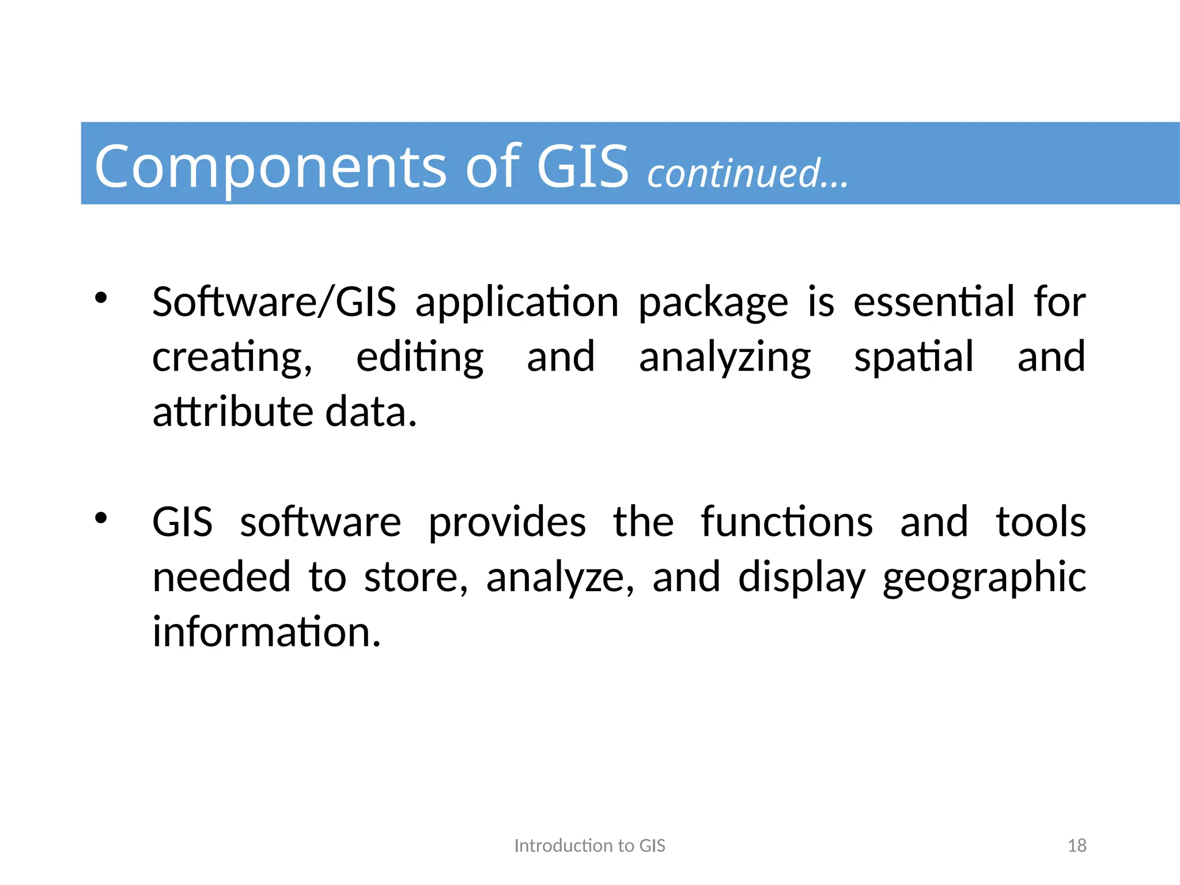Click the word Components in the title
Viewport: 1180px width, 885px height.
(270, 167)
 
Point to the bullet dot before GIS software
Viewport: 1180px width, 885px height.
(101, 519)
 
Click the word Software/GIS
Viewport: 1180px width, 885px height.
(274, 302)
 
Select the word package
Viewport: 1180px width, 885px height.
(713, 303)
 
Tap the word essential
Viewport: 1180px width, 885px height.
(934, 302)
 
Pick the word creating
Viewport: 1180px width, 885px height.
(232, 358)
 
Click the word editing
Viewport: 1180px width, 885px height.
(420, 358)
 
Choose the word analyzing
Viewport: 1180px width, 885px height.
(725, 358)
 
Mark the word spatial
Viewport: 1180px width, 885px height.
(914, 358)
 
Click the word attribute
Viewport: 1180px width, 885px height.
(233, 412)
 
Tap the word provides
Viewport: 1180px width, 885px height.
(507, 522)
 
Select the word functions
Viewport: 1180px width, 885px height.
(786, 522)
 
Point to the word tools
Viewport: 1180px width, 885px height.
(1041, 522)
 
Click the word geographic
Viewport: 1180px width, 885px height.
(984, 578)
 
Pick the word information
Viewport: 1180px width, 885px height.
(266, 632)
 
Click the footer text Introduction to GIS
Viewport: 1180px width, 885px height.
(589, 845)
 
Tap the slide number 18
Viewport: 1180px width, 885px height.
(1077, 845)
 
